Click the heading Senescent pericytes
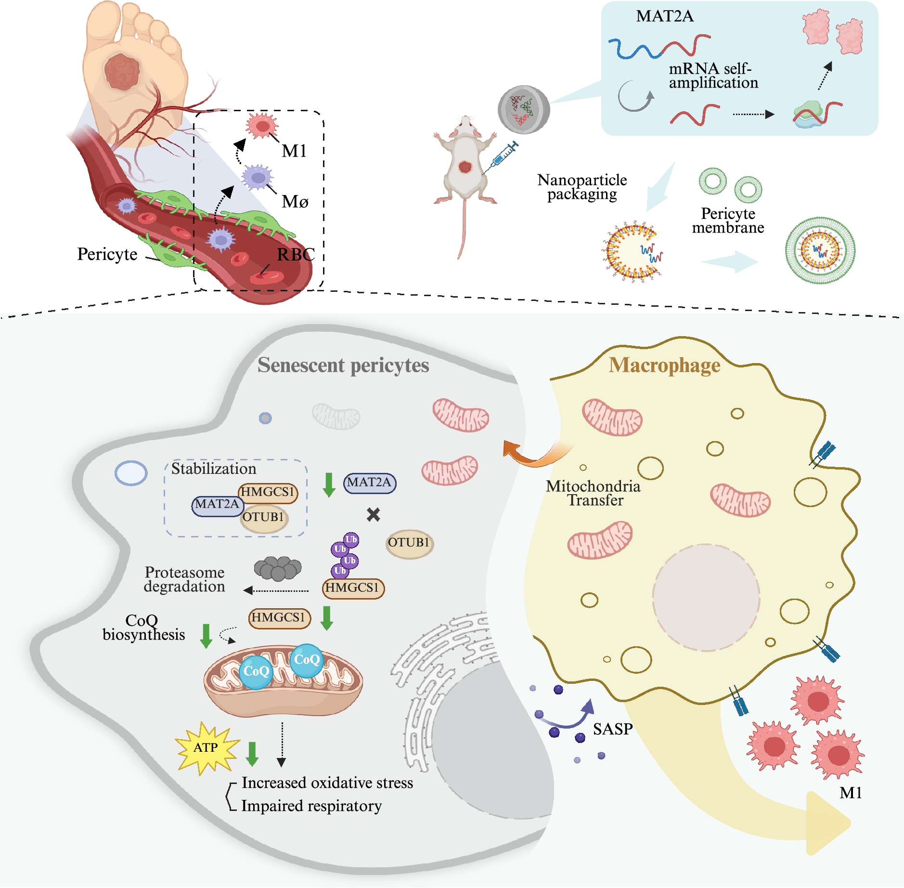[343, 365]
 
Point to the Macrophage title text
[664, 365]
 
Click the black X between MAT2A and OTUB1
[373, 515]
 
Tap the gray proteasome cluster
[278, 568]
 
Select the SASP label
[612, 729]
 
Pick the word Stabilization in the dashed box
[214, 469]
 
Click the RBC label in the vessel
[296, 254]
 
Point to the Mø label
[295, 201]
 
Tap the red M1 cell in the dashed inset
[262, 126]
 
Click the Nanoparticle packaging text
[582, 187]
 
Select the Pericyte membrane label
[728, 220]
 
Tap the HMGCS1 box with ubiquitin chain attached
[353, 588]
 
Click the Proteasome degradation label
[185, 579]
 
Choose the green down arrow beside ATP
[252, 754]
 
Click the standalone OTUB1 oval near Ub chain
[409, 543]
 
